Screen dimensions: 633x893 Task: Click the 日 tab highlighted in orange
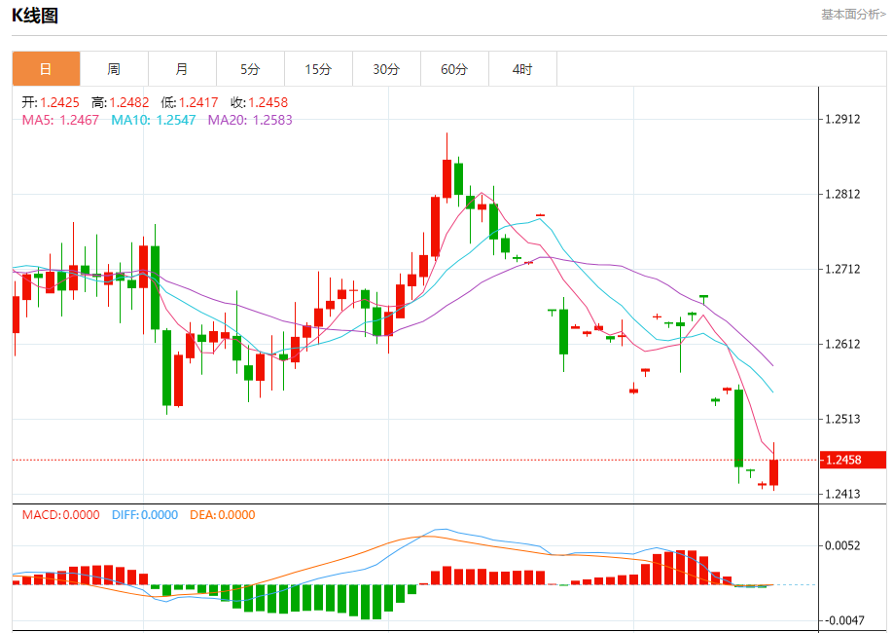46,69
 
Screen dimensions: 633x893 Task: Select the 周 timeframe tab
114,69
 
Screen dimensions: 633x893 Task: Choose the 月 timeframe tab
182,69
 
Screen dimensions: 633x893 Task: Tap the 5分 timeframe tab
250,69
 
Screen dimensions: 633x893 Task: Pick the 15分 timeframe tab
318,69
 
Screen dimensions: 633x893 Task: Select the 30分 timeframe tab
386,69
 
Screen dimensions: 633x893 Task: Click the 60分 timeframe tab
454,69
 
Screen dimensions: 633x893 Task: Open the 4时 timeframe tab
522,69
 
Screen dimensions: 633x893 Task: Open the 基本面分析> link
853,15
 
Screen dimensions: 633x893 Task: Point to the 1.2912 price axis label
842,120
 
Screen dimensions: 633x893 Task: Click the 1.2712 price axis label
842,269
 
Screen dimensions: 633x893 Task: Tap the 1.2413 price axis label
842,494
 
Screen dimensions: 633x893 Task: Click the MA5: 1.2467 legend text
60,120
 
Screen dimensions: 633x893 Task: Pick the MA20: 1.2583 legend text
250,120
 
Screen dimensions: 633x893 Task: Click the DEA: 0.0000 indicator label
222,515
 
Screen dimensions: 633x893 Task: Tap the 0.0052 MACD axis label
842,545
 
